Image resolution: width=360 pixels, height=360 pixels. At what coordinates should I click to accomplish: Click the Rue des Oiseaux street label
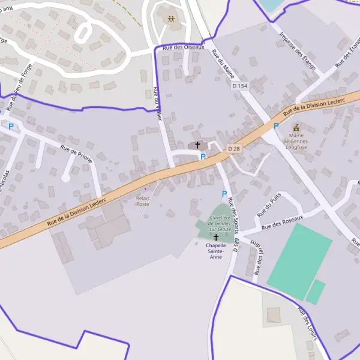(184, 46)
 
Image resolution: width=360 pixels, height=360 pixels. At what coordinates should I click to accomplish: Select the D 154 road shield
(239, 86)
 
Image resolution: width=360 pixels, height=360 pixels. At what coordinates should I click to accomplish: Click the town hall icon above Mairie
(296, 127)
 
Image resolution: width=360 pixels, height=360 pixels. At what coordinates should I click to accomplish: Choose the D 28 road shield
(234, 148)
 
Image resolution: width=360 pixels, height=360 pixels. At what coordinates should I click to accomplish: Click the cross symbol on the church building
(197, 145)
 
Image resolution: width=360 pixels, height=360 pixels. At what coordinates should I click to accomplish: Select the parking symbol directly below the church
(203, 157)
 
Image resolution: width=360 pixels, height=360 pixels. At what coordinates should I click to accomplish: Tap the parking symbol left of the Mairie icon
(276, 126)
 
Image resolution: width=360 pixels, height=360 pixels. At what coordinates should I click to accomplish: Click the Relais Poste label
(143, 200)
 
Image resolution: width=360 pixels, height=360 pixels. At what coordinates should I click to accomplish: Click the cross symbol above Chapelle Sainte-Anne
(216, 238)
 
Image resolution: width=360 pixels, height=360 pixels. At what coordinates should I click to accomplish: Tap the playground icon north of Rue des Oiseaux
(172, 20)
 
